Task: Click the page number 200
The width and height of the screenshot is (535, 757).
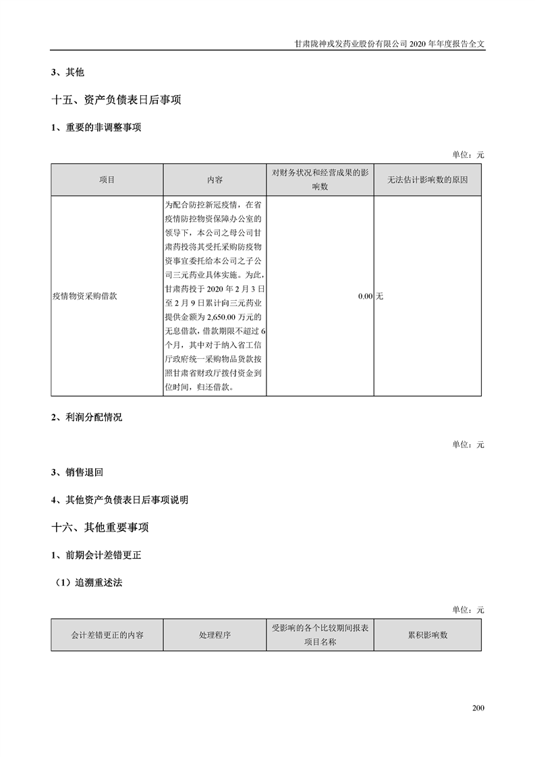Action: (478, 708)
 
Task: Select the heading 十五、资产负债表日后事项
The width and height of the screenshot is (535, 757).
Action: (116, 100)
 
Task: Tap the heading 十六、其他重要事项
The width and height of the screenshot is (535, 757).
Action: (100, 527)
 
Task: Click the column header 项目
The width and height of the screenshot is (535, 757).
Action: (107, 180)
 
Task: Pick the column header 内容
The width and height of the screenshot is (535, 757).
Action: (215, 180)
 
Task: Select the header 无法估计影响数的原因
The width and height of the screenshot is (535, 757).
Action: (428, 180)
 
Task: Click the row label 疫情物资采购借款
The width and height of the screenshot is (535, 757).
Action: (84, 296)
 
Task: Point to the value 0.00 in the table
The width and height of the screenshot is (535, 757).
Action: (365, 296)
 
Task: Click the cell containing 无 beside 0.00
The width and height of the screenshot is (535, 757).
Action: (379, 296)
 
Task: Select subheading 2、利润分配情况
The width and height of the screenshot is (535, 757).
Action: (86, 417)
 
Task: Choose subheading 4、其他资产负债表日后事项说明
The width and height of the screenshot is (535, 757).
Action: (119, 500)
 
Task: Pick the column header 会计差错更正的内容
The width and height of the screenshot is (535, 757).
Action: (107, 635)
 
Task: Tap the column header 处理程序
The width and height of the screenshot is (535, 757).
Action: (215, 635)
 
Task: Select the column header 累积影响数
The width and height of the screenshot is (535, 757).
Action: (428, 635)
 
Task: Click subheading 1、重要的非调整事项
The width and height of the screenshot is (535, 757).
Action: (96, 128)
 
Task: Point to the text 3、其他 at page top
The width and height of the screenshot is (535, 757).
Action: (67, 72)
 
